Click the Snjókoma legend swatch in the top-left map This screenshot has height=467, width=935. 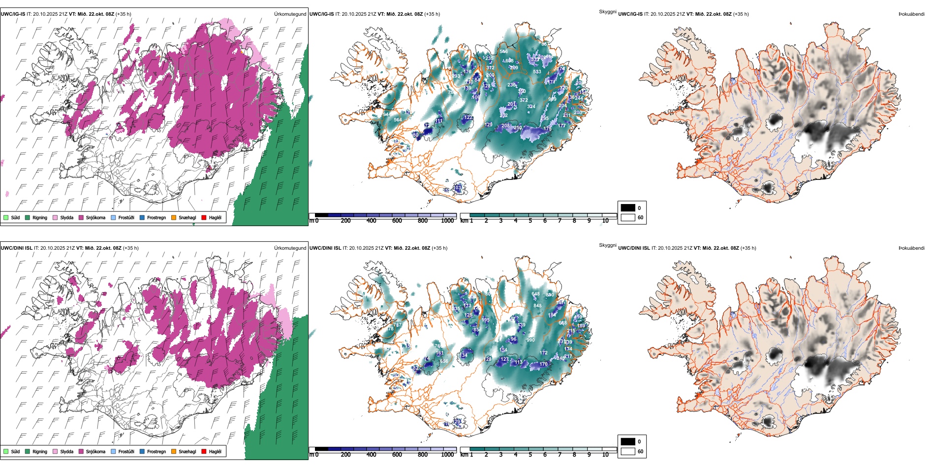[x=81, y=217]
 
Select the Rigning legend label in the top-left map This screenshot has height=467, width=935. [x=40, y=218]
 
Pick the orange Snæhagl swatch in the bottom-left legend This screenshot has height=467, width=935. [x=174, y=451]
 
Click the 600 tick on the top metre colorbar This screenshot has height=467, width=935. [x=397, y=221]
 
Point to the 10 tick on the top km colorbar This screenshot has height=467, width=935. [x=605, y=221]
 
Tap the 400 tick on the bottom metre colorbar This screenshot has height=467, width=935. [x=372, y=455]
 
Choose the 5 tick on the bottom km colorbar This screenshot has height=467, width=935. [x=530, y=455]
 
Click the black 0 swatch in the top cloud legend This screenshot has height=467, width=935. [x=628, y=208]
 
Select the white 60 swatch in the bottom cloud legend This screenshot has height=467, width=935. [x=628, y=451]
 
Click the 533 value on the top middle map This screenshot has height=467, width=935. [x=537, y=72]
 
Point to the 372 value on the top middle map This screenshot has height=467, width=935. [x=524, y=100]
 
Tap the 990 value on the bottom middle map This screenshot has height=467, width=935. [x=530, y=340]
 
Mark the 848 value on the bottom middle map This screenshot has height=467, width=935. [x=537, y=306]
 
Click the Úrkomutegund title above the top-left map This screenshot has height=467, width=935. [x=290, y=14]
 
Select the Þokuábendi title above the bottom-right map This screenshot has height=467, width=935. [x=911, y=248]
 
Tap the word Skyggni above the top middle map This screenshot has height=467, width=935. [x=607, y=12]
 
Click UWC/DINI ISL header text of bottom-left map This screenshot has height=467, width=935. [x=16, y=248]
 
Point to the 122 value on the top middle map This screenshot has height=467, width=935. [x=468, y=117]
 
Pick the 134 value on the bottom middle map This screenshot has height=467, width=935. [x=464, y=355]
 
